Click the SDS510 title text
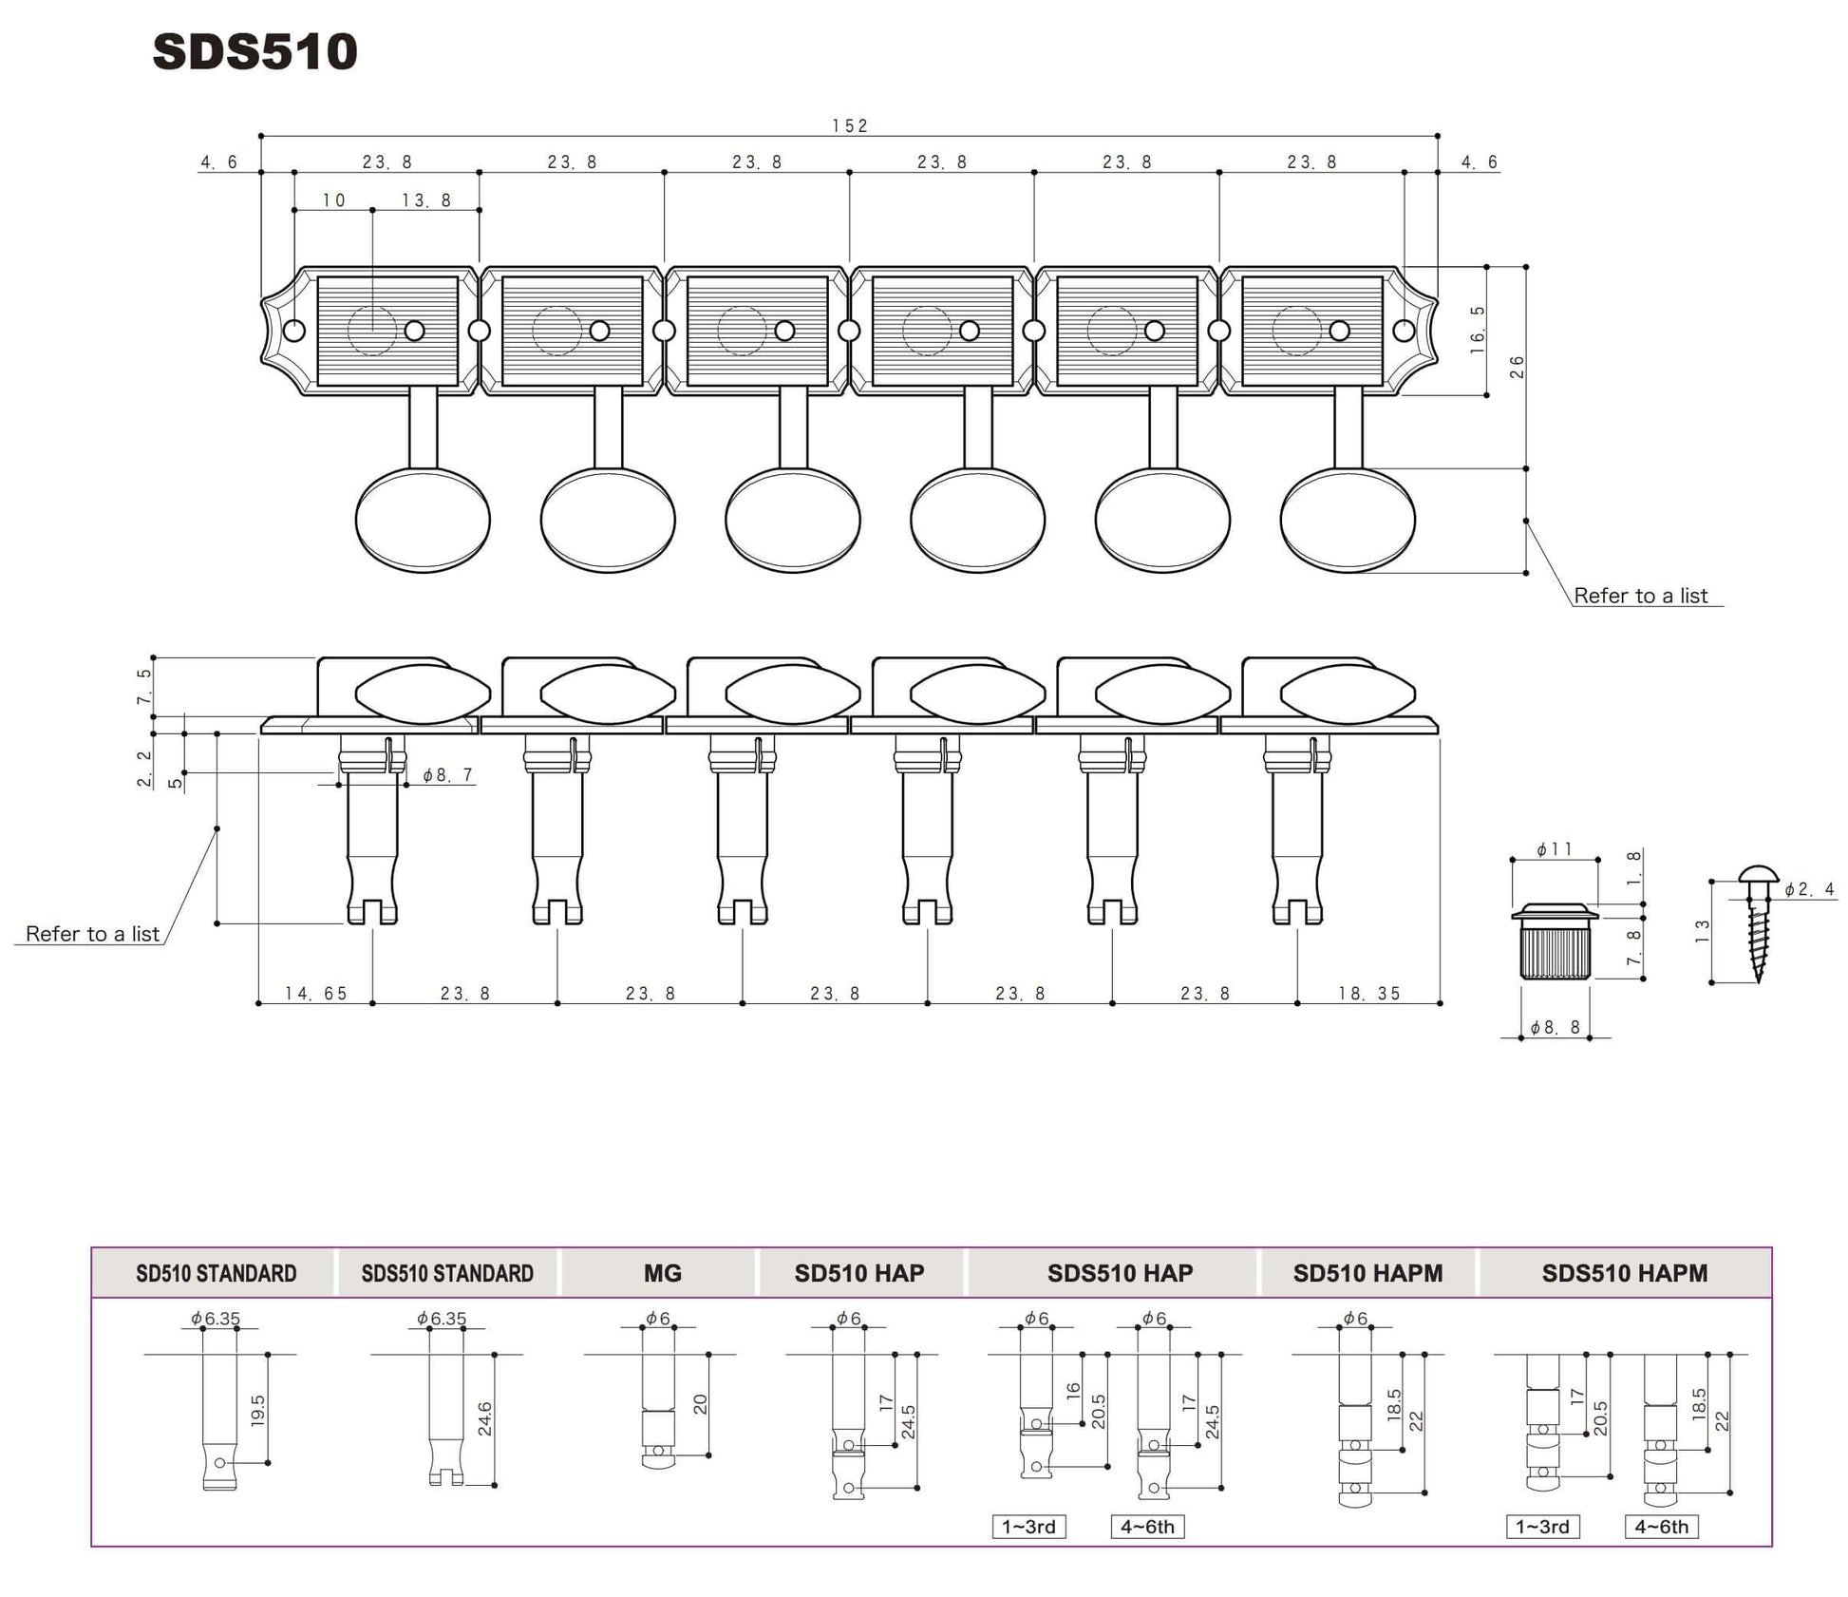(x=255, y=51)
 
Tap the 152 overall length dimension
(x=849, y=125)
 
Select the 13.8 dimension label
(x=426, y=200)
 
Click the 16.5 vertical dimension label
(x=1478, y=330)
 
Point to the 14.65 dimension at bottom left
(x=315, y=993)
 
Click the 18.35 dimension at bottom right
(x=1368, y=993)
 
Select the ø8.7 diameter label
(x=447, y=775)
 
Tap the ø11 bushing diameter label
(x=1554, y=849)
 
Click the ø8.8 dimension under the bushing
(x=1555, y=1027)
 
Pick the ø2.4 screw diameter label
(x=1809, y=889)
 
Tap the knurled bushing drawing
(x=1555, y=944)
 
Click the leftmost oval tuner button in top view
(x=423, y=520)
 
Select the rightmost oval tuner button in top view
(x=1347, y=520)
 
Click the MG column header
(x=662, y=1273)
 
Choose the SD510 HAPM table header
(x=1367, y=1273)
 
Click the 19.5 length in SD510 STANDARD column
(x=257, y=1410)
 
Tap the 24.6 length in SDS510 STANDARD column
(x=484, y=1418)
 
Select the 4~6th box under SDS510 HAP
(x=1147, y=1527)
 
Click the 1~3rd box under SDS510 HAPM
(x=1541, y=1527)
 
